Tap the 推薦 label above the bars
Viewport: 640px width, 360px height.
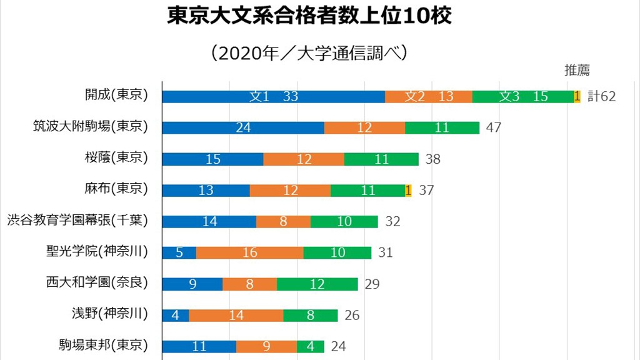577,70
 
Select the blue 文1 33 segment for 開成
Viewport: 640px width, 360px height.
273,96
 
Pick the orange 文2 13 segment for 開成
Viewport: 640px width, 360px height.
429,96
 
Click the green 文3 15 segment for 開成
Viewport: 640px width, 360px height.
523,96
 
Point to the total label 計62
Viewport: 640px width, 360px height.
602,96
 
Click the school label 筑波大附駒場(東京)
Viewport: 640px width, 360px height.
90,127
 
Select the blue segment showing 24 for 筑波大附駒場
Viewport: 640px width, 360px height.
243,127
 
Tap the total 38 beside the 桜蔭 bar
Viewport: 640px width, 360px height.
433,159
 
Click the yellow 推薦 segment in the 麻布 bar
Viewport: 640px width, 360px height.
408,190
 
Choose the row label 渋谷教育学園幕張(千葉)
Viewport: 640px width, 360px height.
77,221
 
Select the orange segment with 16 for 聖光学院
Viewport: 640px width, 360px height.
249,252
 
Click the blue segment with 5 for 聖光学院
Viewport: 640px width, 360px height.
179,252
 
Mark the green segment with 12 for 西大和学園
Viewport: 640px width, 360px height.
317,284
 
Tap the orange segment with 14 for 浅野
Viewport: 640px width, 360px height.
236,315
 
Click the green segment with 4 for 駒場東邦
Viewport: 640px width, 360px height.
311,346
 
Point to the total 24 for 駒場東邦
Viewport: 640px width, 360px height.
338,346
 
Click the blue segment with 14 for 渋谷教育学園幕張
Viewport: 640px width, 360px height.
209,221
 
